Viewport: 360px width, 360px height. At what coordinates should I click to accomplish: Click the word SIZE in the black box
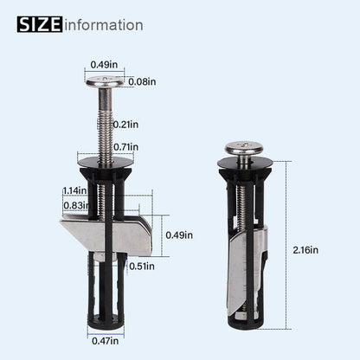pyautogui.click(x=40, y=24)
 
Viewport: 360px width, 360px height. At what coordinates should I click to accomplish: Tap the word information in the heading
pyautogui.click(x=103, y=24)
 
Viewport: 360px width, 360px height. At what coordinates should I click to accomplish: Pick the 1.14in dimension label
pyautogui.click(x=75, y=190)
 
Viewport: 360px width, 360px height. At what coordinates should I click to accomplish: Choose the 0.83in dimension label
pyautogui.click(x=75, y=206)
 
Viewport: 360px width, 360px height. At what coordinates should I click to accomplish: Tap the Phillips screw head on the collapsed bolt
pyautogui.click(x=245, y=148)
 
